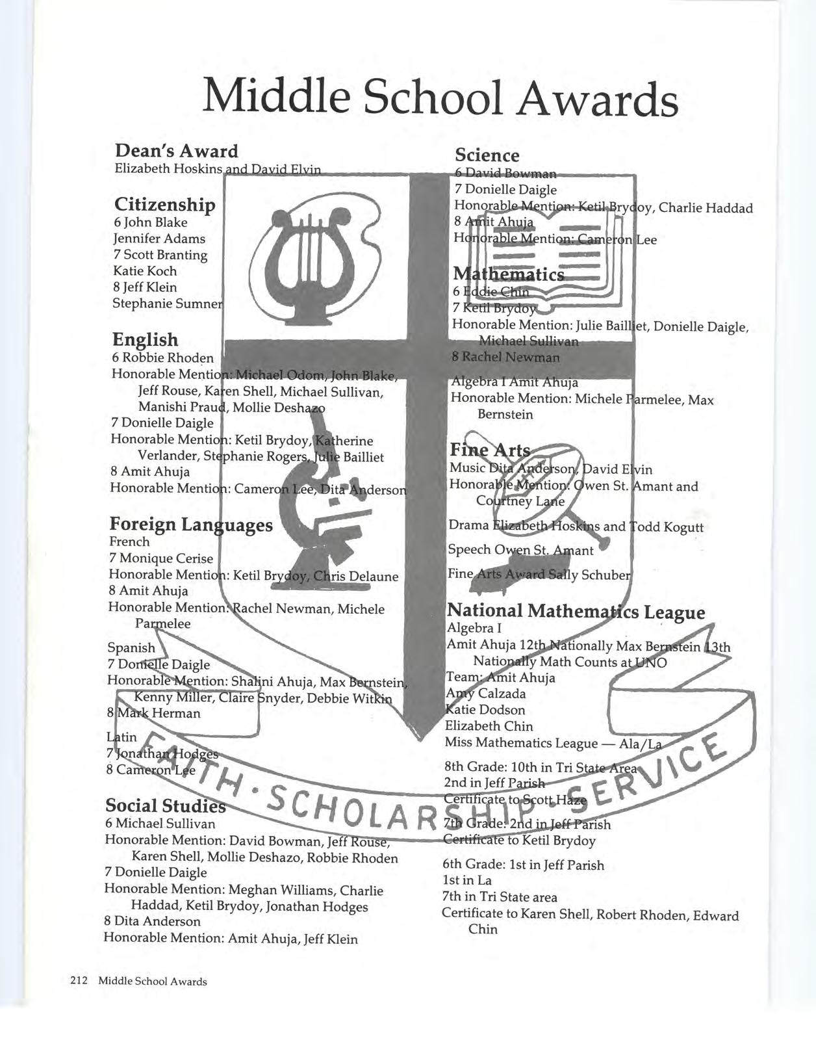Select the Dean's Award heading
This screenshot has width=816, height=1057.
click(x=176, y=151)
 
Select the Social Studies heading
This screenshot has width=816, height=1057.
click(x=165, y=805)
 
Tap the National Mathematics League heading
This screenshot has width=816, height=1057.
click(x=576, y=611)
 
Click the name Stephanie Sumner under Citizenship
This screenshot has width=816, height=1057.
click(x=168, y=304)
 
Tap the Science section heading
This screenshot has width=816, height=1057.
click(x=487, y=155)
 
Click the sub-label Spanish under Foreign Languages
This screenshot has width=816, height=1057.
click(x=131, y=647)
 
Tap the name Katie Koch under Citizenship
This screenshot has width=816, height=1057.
click(x=145, y=271)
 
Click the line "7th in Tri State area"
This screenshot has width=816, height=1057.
click(x=500, y=897)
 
